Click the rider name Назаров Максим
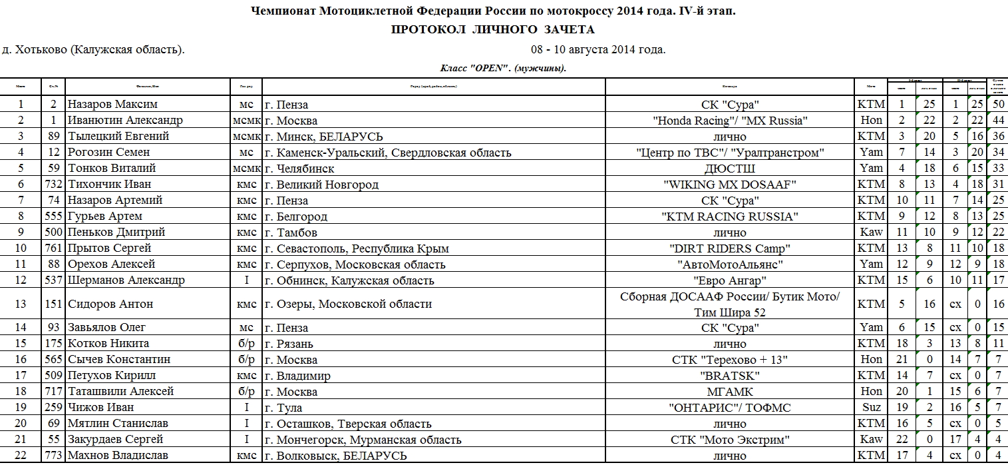point(112,105)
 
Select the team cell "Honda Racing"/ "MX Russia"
point(730,121)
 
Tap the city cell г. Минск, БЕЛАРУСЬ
point(323,137)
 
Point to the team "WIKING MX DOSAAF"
point(730,185)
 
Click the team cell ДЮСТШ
point(730,169)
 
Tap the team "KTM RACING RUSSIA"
point(730,217)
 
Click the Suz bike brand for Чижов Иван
point(871,408)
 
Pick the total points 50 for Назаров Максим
point(999,105)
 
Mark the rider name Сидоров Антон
point(110,304)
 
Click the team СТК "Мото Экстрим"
point(730,440)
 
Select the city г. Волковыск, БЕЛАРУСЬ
point(335,456)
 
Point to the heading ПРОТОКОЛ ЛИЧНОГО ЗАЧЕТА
point(492,30)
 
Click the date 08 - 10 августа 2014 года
point(598,50)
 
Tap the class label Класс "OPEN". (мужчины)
point(503,68)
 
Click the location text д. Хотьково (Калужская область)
point(94,50)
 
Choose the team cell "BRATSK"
point(730,376)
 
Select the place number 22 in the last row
point(21,456)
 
